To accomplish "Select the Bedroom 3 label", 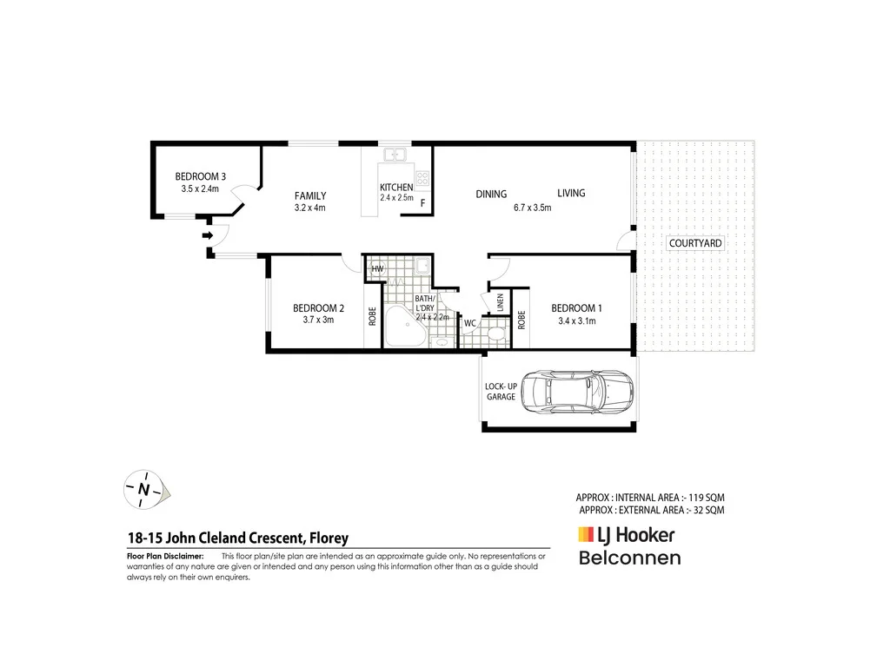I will point(200,176).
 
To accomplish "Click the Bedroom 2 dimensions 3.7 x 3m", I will point(318,320).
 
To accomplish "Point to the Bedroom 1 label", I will point(576,308).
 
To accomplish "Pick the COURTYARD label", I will point(695,244).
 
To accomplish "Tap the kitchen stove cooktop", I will point(422,180).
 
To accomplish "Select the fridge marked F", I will point(422,203).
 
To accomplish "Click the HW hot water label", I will point(377,269).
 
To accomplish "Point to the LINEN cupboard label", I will point(501,303).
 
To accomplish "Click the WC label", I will point(469,324).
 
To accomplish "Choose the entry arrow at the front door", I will point(208,235).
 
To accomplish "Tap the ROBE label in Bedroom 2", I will point(372,318).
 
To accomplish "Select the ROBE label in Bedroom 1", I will point(521,320).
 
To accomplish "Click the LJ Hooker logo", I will point(626,536).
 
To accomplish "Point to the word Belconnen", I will point(630,558).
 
